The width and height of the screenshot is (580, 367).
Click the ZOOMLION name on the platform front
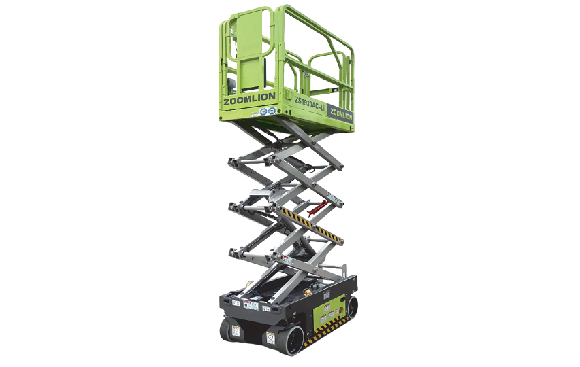(249, 97)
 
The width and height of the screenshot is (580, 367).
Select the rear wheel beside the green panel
(352, 307)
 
